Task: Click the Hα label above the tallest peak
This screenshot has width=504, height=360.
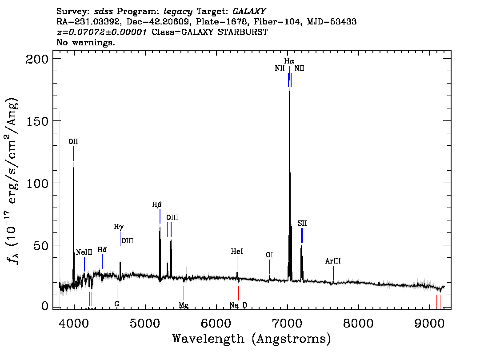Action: (289, 60)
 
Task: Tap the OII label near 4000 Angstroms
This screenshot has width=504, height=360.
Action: (73, 141)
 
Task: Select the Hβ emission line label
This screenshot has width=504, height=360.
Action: (157, 205)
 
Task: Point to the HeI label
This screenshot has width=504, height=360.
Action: (237, 252)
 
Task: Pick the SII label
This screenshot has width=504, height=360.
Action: (302, 223)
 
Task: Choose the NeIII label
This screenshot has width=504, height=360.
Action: (84, 252)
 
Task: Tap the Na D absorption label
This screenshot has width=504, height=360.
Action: (238, 305)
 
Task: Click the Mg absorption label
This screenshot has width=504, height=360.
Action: (184, 305)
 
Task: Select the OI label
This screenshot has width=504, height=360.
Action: (269, 255)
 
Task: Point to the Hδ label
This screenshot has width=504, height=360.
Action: (102, 250)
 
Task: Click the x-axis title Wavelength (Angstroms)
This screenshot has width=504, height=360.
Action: (252, 339)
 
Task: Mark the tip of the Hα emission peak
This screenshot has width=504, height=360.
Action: (289, 91)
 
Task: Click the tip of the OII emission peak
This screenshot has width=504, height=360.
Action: (73, 168)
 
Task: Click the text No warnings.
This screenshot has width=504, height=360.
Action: (86, 43)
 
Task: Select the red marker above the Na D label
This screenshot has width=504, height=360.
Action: (239, 293)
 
